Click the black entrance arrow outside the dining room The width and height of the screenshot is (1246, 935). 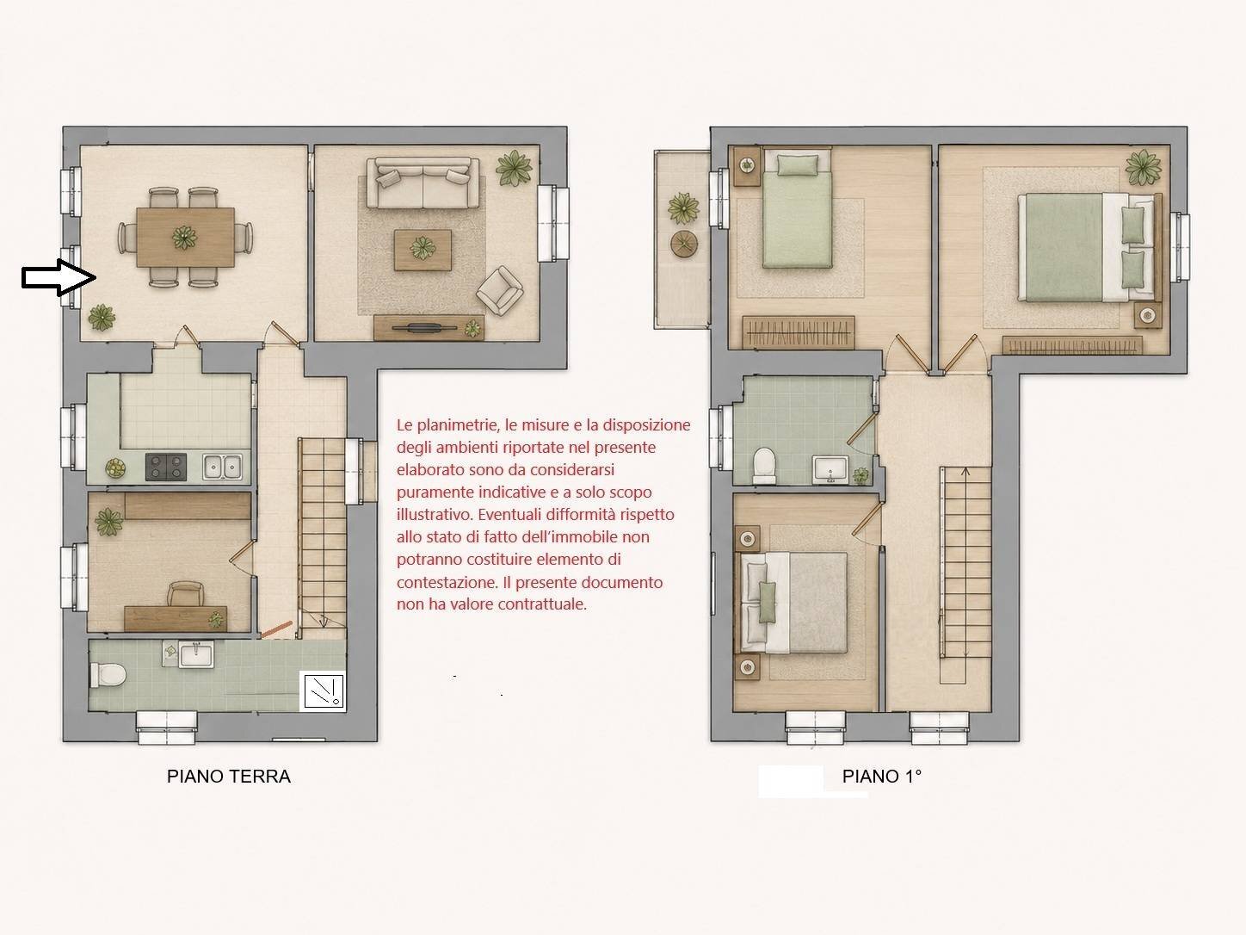click(59, 277)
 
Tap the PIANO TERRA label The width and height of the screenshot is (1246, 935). click(228, 776)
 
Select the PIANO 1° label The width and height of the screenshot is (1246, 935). click(881, 776)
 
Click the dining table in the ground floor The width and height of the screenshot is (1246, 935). click(185, 237)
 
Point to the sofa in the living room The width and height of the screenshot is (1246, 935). click(423, 183)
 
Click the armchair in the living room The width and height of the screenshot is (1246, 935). click(500, 290)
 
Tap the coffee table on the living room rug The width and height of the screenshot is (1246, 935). click(423, 250)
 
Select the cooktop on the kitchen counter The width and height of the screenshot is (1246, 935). click(166, 467)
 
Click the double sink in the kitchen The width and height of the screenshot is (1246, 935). click(223, 467)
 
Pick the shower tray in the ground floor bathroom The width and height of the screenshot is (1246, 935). click(323, 690)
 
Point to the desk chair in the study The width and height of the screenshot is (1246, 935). click(186, 593)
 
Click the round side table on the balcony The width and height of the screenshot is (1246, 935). click(685, 245)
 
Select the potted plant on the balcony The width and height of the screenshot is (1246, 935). click(683, 207)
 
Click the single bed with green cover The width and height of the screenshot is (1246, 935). click(797, 207)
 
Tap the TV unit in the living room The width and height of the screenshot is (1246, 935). click(429, 327)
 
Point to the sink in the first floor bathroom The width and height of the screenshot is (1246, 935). click(830, 469)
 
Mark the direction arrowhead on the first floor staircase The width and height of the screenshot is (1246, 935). click(965, 471)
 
